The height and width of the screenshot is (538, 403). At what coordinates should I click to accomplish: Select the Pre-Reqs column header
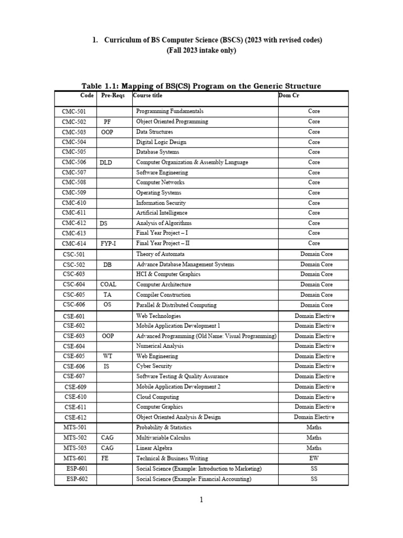[111, 96]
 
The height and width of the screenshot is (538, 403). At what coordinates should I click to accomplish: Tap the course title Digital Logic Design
[161, 142]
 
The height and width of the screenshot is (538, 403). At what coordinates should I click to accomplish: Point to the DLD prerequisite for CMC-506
[107, 163]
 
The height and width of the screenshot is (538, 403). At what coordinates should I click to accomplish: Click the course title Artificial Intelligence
[162, 213]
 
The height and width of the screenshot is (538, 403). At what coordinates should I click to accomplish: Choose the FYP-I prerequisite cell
[108, 244]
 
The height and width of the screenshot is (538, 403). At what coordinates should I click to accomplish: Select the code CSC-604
[73, 284]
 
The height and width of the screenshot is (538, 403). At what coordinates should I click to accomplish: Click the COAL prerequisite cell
[108, 284]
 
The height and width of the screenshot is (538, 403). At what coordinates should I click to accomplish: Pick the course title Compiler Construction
[164, 295]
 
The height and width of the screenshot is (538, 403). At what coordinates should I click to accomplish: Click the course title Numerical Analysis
[160, 346]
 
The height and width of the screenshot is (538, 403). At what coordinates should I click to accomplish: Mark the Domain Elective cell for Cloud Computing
[314, 397]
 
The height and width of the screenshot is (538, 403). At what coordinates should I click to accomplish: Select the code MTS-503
[74, 448]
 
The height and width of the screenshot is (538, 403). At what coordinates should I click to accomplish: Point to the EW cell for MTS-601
[314, 458]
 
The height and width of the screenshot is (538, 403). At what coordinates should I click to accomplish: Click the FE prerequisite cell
[105, 458]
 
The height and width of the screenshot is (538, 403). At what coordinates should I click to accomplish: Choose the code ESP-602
[78, 479]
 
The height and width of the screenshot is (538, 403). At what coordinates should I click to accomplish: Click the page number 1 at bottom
[201, 500]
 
